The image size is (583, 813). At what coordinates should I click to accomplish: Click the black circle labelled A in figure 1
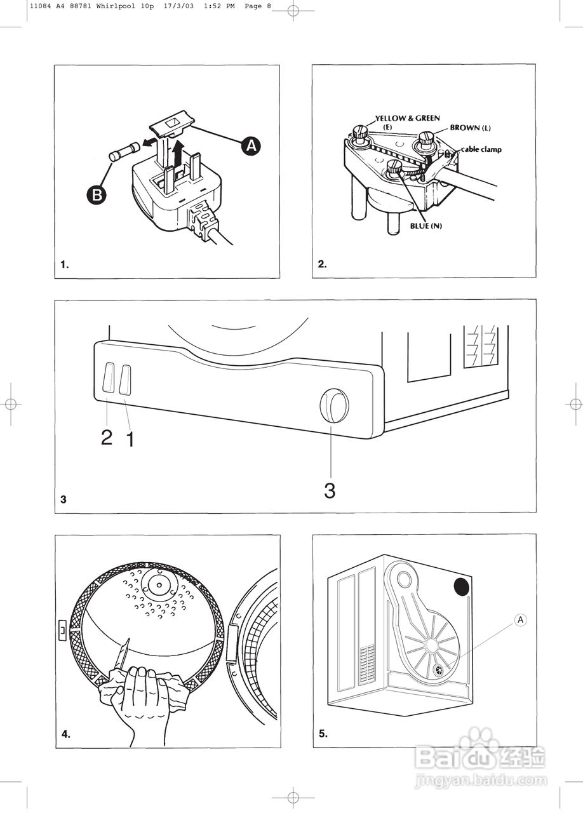coord(252,146)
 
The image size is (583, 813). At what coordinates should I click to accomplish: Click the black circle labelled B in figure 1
coord(97,195)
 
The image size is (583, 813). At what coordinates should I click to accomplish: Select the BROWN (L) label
coord(471,128)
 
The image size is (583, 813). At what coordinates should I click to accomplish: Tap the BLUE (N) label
coord(426,227)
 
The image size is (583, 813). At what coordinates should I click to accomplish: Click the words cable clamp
coord(481,150)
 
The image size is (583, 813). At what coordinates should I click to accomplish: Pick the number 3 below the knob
coord(330,490)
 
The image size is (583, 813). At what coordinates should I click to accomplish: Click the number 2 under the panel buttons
coord(107,437)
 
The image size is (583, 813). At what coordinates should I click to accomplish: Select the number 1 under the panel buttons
coord(130,439)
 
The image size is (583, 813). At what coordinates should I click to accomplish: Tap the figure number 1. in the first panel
coord(65,265)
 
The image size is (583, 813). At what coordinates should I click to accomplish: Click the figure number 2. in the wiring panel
coord(322,265)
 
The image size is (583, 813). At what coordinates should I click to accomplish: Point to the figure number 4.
coord(65,734)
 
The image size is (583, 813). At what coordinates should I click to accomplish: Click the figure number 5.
coord(323,734)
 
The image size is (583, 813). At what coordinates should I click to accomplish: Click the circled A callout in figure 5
coord(520,620)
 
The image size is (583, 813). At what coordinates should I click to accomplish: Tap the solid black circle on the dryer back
coord(460,586)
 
